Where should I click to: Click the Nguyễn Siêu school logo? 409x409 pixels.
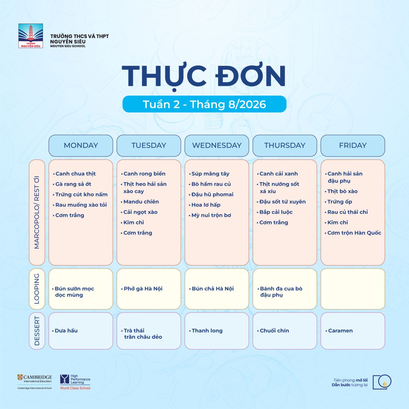point(31,36)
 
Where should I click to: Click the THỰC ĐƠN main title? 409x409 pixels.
point(204,76)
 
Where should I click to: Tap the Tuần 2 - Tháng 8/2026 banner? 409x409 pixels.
point(204,104)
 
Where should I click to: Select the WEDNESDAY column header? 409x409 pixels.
point(217,146)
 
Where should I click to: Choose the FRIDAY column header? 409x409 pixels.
point(353,146)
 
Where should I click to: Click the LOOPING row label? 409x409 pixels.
point(37,289)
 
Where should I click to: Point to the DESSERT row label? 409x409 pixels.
point(37,331)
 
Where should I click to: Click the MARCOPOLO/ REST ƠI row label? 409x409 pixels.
point(37,212)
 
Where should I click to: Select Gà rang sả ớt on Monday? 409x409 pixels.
point(73,184)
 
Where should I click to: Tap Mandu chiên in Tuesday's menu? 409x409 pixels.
point(141,202)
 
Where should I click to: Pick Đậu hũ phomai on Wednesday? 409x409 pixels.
point(212,194)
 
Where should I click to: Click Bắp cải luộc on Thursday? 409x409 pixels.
point(276,212)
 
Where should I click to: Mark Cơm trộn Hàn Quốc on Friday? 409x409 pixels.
point(354,233)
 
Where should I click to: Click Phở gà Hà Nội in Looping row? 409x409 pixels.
point(143,289)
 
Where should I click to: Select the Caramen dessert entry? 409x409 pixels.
point(340,331)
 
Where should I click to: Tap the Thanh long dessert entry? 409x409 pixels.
point(207,331)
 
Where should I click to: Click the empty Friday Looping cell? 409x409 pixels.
point(353,289)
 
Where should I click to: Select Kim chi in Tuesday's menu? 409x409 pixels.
point(134,223)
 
